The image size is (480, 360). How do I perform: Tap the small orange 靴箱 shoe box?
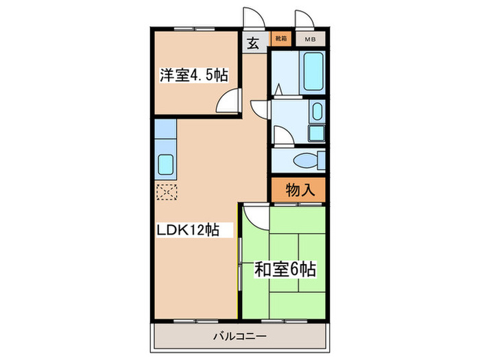pyautogui.click(x=280, y=39)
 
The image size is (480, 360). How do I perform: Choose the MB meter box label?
pyautogui.click(x=310, y=39)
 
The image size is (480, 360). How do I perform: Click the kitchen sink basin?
pyautogui.click(x=166, y=165)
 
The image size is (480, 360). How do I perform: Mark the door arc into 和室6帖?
pyautogui.click(x=254, y=218)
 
